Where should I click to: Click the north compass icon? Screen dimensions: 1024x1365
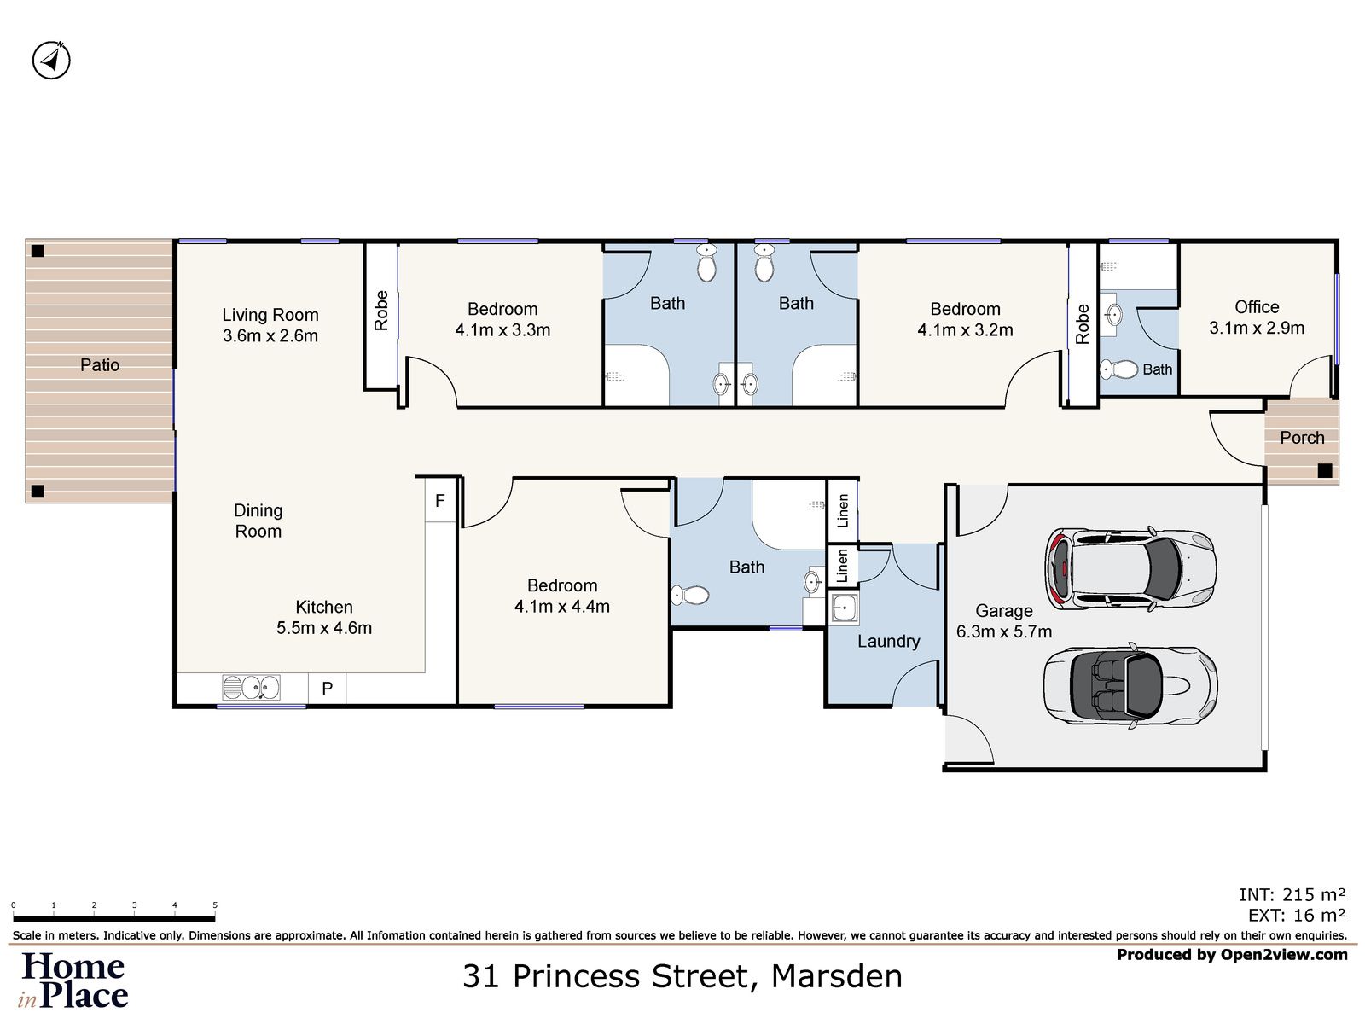coord(51,60)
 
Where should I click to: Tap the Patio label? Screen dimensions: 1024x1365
coord(100,365)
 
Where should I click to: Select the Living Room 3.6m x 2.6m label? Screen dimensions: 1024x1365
coord(270,325)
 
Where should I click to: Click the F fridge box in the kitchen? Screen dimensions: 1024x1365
coord(439,501)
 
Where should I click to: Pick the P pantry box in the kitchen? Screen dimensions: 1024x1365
coord(327,689)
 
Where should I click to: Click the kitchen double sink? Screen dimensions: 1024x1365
coord(251,687)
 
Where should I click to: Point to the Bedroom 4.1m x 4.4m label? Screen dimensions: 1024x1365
coord(562,596)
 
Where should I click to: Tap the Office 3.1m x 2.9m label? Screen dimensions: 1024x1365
coord(1257,317)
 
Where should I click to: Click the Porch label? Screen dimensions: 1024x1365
coord(1302,438)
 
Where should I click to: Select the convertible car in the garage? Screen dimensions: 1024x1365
coord(1130,686)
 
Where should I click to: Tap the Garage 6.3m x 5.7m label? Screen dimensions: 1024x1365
coord(1004,621)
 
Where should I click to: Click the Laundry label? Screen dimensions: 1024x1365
coord(888,642)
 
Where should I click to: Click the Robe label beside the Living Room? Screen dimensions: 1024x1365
coord(381,311)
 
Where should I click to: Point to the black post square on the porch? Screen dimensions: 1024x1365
coord(1324,470)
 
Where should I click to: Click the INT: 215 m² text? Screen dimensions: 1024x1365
coord(1292,894)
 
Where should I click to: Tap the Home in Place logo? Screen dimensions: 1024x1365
coord(74,980)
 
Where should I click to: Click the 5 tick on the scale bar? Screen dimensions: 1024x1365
coord(215,905)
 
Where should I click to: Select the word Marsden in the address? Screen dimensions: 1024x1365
coord(836,976)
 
